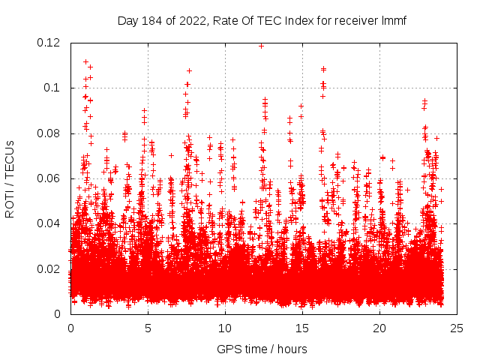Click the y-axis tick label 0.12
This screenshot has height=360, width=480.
pyautogui.click(x=50, y=43)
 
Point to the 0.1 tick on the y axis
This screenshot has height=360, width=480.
pyautogui.click(x=55, y=88)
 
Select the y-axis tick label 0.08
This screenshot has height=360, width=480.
pyautogui.click(x=50, y=133)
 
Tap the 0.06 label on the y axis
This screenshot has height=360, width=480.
pyautogui.click(x=50, y=178)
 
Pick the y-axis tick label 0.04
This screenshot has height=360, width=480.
pyautogui.click(x=50, y=223)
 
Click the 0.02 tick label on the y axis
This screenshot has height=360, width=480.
pyautogui.click(x=50, y=268)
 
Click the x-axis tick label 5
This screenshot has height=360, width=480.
pyautogui.click(x=148, y=328)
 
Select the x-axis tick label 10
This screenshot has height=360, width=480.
pyautogui.click(x=225, y=328)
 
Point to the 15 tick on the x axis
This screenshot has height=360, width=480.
pyautogui.click(x=302, y=328)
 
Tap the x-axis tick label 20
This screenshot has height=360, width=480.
pyautogui.click(x=379, y=328)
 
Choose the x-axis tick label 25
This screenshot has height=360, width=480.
pyautogui.click(x=457, y=328)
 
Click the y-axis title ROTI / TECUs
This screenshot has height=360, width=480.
pyautogui.click(x=10, y=178)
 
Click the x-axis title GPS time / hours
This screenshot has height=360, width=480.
pyautogui.click(x=262, y=349)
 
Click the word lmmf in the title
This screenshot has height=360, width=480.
pyautogui.click(x=393, y=20)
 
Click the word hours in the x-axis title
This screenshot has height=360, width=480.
pyautogui.click(x=292, y=349)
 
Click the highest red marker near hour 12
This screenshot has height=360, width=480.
pyautogui.click(x=261, y=46)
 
